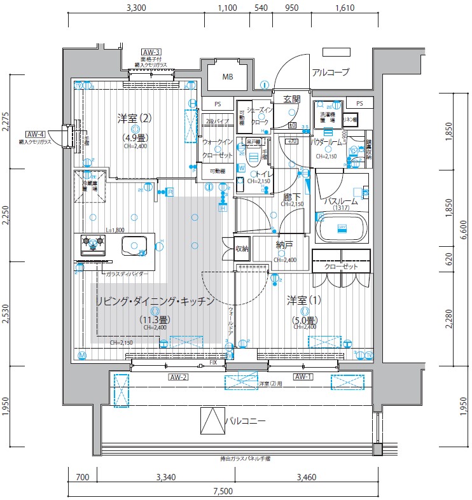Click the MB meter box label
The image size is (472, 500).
click(227, 78)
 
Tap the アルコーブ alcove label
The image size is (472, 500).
click(330, 73)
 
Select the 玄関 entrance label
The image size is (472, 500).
click(291, 99)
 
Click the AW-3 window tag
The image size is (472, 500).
click(151, 52)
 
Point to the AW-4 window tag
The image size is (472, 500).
click(36, 134)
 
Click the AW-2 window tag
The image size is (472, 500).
click(179, 377)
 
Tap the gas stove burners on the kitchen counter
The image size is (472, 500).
click(93, 244)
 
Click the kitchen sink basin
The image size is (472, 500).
click(135, 244)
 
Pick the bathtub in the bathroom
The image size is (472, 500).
click(342, 228)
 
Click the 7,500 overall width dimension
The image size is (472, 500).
click(223, 490)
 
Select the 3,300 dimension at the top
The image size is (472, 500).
click(137, 8)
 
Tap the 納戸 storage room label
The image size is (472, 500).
click(284, 244)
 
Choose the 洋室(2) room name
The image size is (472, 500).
click(134, 118)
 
